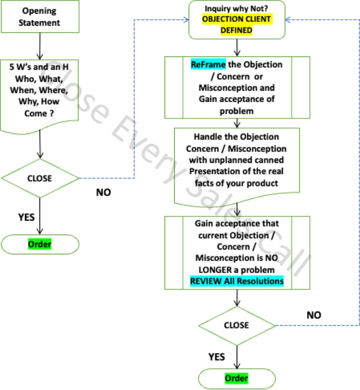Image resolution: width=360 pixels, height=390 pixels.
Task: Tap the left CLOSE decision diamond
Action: click(40, 178)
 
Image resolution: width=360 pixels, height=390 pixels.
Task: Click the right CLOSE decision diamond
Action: click(237, 325)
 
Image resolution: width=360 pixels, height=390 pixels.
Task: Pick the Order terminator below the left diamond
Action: click(40, 244)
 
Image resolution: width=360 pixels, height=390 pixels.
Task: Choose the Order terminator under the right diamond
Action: click(237, 378)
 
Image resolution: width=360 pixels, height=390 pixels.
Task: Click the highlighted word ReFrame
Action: click(208, 65)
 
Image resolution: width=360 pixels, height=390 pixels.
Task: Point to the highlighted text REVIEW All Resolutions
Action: click(237, 281)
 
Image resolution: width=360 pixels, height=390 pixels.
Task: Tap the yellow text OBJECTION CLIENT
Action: click(236, 19)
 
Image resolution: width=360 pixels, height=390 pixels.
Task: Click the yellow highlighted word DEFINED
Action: click(236, 30)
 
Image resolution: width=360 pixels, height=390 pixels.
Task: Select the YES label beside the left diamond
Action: click(26, 217)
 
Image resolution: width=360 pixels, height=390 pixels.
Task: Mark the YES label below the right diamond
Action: click(217, 357)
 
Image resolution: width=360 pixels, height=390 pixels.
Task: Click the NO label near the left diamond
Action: click(104, 192)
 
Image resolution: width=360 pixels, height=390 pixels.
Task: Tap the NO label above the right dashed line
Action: click(314, 315)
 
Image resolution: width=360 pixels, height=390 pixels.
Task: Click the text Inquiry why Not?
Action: click(236, 8)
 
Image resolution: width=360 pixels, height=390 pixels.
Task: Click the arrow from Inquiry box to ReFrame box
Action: click(237, 47)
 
